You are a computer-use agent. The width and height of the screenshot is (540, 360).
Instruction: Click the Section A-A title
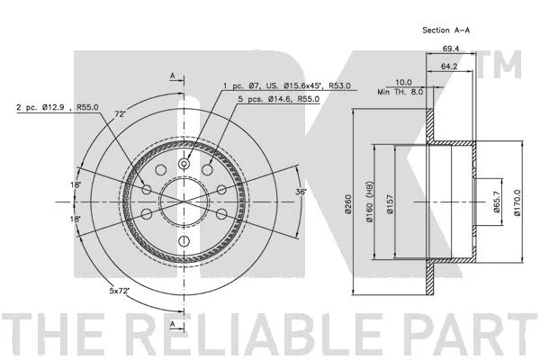tap(446, 31)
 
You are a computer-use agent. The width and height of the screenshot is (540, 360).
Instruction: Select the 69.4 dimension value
tap(451, 49)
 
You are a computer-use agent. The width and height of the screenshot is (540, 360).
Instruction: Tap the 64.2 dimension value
tap(449, 66)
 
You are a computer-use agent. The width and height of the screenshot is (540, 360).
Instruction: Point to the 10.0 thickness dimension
tap(403, 82)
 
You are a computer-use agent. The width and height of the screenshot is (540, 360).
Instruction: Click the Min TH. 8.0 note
tap(400, 92)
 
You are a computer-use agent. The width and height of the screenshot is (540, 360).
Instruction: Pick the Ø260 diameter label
tap(348, 204)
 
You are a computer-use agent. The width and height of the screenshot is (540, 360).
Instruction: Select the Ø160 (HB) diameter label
tap(370, 202)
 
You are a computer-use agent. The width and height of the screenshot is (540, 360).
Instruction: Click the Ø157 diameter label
tap(390, 204)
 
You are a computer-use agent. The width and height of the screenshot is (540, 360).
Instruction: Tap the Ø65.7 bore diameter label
tap(497, 202)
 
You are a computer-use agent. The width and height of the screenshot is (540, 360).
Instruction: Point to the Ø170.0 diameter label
tap(517, 202)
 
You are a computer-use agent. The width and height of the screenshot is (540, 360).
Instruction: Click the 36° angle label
tap(301, 192)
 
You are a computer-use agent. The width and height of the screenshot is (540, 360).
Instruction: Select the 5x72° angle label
tap(119, 291)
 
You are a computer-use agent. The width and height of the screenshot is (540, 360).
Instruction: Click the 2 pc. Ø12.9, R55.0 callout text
tap(58, 107)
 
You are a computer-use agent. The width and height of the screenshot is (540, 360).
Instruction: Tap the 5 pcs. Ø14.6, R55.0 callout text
tap(279, 99)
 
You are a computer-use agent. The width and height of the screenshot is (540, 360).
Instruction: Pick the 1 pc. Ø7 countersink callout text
tap(287, 85)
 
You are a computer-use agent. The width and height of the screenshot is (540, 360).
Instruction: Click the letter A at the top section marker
tap(173, 76)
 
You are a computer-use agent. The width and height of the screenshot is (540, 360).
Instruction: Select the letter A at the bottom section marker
tap(173, 324)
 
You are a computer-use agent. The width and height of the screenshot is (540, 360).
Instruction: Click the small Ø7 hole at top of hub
tap(184, 164)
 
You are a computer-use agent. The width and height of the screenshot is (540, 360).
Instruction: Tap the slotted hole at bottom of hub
tap(184, 240)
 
